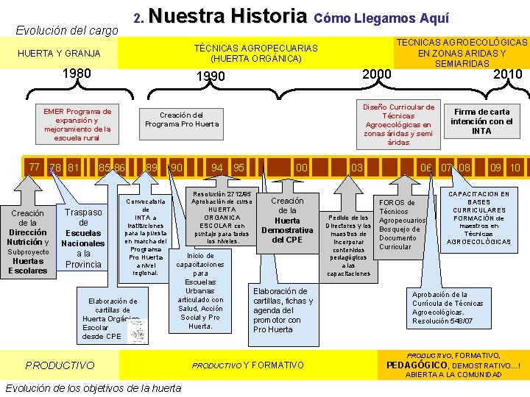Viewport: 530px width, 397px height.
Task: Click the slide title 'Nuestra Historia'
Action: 231,16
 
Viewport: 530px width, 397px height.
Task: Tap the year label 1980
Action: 77,74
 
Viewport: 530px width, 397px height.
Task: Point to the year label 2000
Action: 376,74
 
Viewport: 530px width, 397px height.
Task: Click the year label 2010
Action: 507,74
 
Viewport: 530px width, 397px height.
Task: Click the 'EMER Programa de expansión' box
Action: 77,124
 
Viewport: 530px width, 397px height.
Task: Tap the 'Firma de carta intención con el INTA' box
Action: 481,121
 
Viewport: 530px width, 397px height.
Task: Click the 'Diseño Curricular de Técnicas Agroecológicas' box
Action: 398,123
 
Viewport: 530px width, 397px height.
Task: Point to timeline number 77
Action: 35,167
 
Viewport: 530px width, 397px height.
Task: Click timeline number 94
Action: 217,168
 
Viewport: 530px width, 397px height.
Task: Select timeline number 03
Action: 357,168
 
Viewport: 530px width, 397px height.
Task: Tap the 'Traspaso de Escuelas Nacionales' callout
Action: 83,237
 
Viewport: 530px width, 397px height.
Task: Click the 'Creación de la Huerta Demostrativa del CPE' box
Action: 287,221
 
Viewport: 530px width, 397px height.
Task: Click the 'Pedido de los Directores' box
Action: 347,246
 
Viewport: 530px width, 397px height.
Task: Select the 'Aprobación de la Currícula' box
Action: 449,307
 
